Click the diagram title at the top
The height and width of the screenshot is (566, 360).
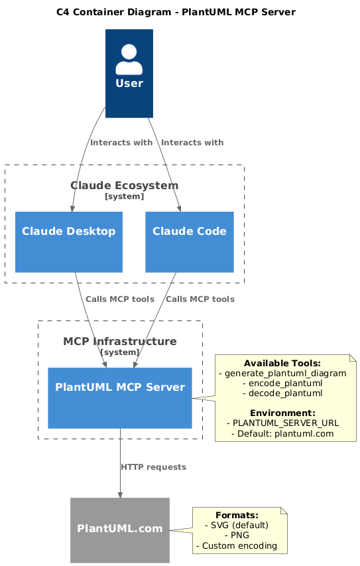point(176,12)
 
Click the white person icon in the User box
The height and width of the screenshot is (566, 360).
point(129,59)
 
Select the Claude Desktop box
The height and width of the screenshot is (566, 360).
point(69,242)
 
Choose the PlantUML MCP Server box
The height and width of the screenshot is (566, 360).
point(120,397)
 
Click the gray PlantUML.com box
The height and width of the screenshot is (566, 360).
point(120,530)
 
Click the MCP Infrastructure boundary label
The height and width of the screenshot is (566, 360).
point(120,342)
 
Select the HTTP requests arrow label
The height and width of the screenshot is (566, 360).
point(153,467)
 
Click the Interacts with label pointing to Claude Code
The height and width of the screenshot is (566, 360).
point(192,143)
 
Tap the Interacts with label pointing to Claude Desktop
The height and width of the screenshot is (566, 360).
point(121,143)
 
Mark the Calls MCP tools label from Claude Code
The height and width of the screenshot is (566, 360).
point(200,299)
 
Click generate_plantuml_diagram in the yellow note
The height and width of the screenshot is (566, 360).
point(282,374)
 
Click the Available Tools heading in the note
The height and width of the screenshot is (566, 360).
point(282,364)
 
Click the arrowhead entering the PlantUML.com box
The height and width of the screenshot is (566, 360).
point(120,494)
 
